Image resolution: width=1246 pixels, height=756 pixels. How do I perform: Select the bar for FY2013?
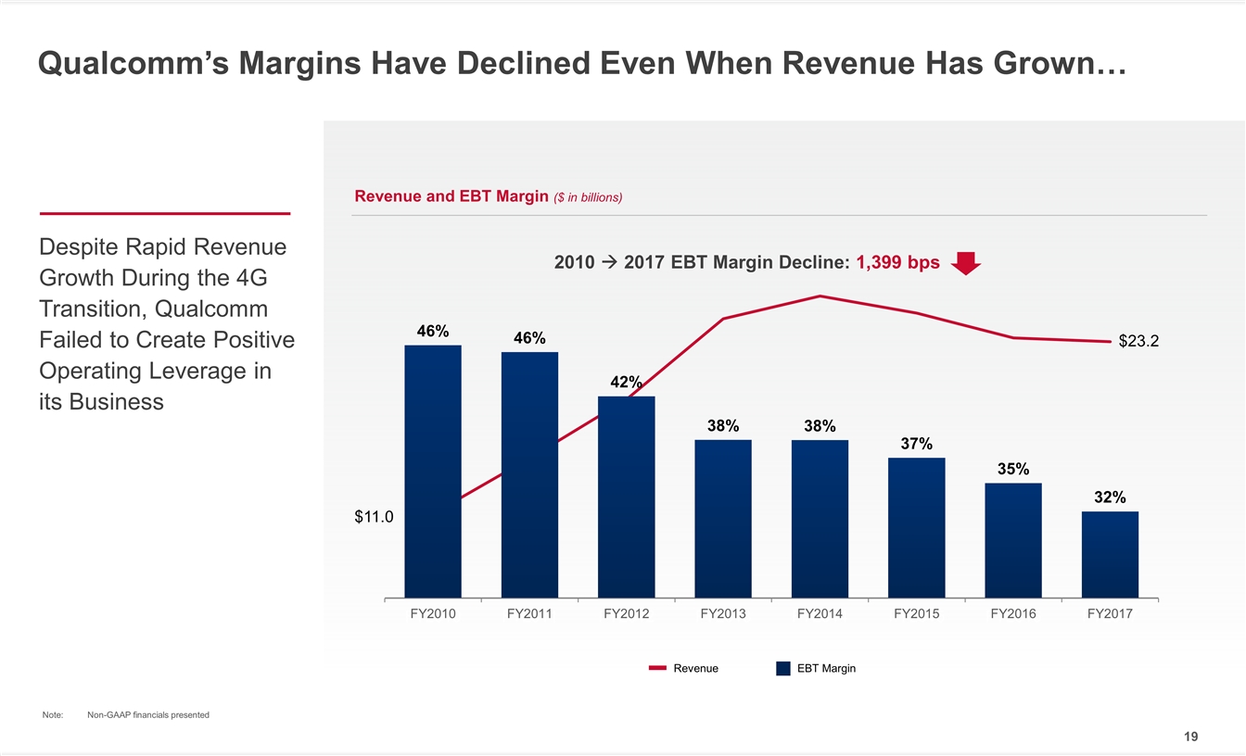tap(723, 518)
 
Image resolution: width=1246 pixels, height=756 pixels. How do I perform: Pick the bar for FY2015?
tap(916, 527)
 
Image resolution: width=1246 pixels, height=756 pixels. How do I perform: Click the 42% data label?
tap(626, 383)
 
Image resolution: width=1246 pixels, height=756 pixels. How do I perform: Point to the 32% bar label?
tap(1110, 498)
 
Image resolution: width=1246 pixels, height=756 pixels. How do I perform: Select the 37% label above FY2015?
tap(916, 444)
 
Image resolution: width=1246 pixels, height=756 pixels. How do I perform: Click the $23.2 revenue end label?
tap(1138, 342)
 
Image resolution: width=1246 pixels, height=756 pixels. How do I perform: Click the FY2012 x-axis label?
tap(626, 613)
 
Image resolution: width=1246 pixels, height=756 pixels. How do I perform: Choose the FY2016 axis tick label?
tap(1013, 613)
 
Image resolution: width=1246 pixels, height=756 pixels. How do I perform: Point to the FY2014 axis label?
tap(820, 613)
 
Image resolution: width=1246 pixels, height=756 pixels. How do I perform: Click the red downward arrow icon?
tap(966, 263)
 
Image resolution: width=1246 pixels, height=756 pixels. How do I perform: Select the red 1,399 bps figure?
tap(897, 263)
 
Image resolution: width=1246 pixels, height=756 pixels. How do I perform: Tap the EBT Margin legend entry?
tap(816, 669)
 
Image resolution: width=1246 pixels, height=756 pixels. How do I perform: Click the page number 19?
tap(1190, 737)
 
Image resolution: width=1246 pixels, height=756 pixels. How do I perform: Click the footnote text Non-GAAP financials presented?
tap(147, 714)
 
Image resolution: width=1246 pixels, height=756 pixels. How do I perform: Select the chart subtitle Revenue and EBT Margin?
tap(451, 196)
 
